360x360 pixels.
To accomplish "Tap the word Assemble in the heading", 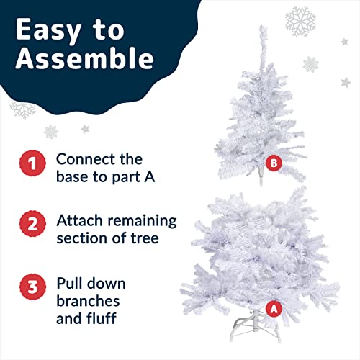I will [84, 59].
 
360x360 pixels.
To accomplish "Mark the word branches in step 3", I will [88, 300].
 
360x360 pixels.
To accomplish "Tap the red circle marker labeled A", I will [272, 308].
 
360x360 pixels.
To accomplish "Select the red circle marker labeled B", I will [274, 163].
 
